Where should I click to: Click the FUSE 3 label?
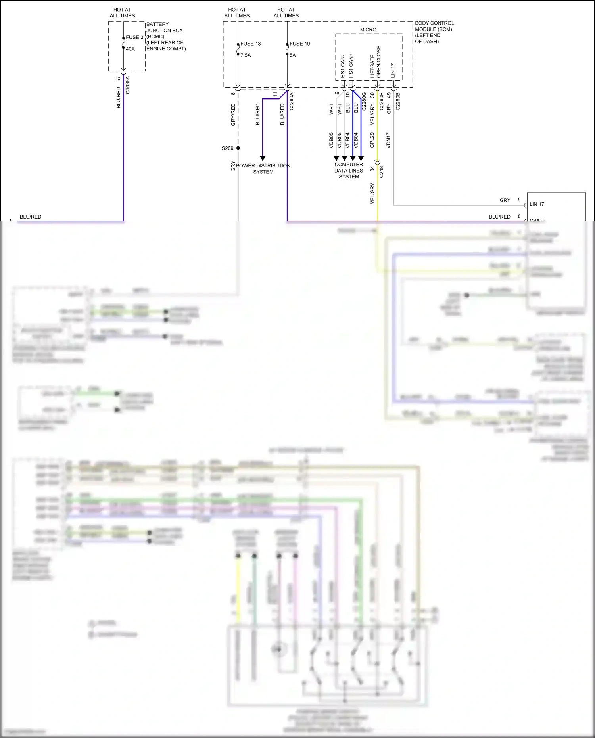click(x=134, y=37)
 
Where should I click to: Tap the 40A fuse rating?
click(x=130, y=49)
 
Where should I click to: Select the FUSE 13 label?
click(x=250, y=44)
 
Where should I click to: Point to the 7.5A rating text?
click(x=246, y=55)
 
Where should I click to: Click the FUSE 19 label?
click(x=299, y=44)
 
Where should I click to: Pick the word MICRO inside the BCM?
click(x=368, y=30)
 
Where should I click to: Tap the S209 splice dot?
click(x=238, y=148)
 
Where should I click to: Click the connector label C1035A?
click(x=127, y=85)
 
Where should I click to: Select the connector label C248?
click(x=381, y=172)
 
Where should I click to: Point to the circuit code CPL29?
click(x=372, y=140)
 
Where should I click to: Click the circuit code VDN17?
click(x=388, y=140)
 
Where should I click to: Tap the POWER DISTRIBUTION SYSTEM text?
click(x=263, y=169)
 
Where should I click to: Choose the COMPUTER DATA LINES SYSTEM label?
click(x=349, y=171)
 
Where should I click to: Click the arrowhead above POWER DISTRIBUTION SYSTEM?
click(x=263, y=158)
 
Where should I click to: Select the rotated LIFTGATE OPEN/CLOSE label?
click(x=375, y=62)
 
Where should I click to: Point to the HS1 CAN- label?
click(x=343, y=66)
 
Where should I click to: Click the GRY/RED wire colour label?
click(x=233, y=115)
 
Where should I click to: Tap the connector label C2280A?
click(x=291, y=102)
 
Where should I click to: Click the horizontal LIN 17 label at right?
click(x=537, y=204)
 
